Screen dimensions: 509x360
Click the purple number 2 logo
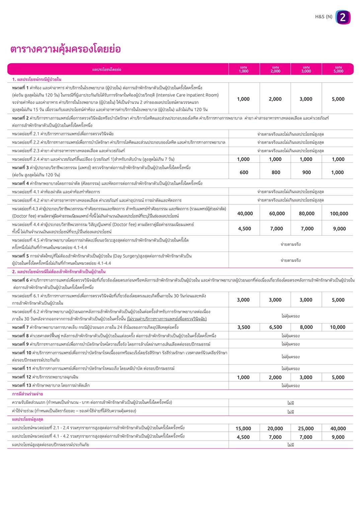click(x=343, y=17)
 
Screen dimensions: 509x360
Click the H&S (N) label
click(x=324, y=16)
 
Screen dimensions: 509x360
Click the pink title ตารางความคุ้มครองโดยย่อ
click(x=65, y=49)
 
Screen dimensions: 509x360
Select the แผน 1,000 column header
click(x=244, y=69)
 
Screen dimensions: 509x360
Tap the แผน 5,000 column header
click(x=338, y=69)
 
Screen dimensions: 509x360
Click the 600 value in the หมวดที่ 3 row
click(x=244, y=172)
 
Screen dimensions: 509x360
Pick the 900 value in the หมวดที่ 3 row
click(x=306, y=172)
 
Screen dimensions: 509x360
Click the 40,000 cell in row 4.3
click(x=245, y=213)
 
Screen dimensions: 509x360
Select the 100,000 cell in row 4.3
click(x=339, y=213)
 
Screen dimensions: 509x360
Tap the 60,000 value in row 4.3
click(x=277, y=213)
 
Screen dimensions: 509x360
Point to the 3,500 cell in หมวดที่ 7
click(x=244, y=327)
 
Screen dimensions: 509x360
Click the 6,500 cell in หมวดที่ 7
click(x=275, y=327)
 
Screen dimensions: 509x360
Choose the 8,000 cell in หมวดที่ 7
click(x=306, y=327)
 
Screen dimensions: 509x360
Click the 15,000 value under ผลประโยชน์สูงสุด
click(x=243, y=428)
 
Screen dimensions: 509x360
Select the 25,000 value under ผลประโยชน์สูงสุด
click(x=306, y=428)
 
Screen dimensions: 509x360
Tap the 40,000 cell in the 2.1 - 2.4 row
click(x=338, y=428)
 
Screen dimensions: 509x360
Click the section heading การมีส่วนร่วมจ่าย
click(x=27, y=394)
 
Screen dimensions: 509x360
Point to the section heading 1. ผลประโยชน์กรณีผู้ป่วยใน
click(x=37, y=79)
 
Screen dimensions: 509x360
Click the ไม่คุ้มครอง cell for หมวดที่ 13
click(x=290, y=386)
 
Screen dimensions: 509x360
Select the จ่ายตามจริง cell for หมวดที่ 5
click(x=290, y=260)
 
